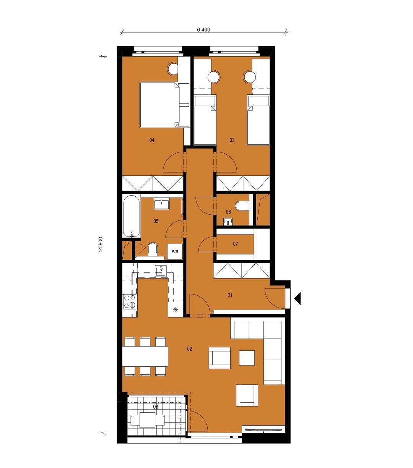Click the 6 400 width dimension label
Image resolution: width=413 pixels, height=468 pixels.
203,29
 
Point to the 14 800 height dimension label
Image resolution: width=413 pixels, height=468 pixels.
101,245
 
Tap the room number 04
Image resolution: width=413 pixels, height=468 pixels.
152,140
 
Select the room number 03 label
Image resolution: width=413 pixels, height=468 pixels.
232,140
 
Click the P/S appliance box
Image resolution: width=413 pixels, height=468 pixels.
175,251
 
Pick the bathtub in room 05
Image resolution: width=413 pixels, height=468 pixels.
131,216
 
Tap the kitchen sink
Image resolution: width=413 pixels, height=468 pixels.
161,271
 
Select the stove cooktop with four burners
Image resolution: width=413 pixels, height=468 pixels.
130,302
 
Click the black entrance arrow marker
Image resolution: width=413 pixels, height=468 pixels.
298,299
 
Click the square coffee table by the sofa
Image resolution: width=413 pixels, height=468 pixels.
247,358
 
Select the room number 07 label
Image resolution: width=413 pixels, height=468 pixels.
236,244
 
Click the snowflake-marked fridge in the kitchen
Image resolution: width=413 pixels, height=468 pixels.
176,309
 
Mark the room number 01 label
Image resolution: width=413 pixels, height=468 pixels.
230,295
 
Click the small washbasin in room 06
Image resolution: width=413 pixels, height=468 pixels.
228,222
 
